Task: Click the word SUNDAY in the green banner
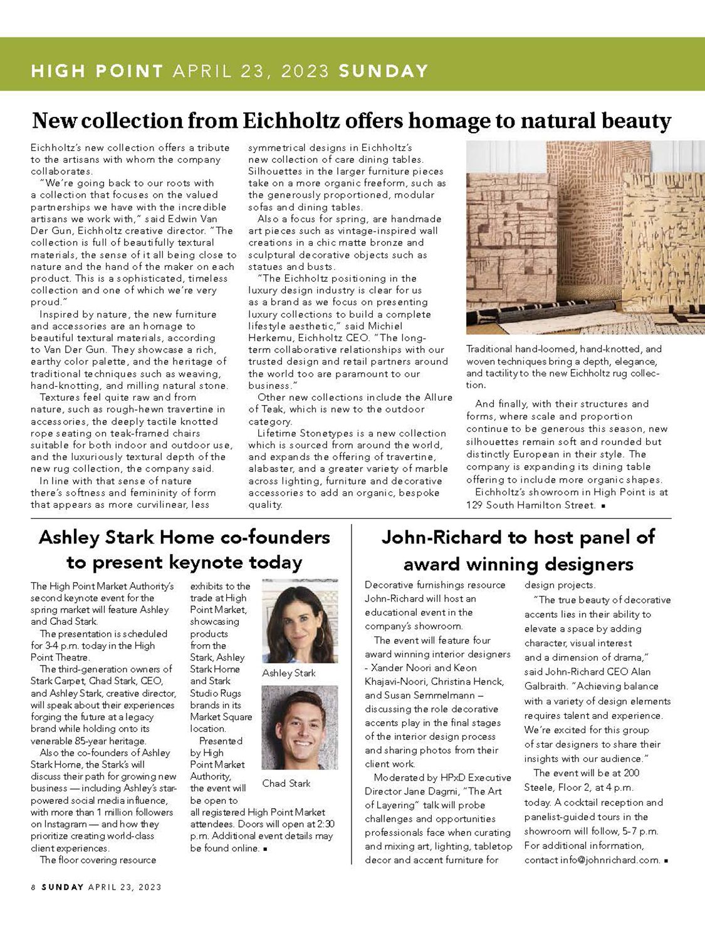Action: click(x=384, y=71)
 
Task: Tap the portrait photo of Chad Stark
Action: click(x=300, y=727)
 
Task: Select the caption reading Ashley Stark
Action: click(x=289, y=673)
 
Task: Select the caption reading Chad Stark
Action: click(x=286, y=783)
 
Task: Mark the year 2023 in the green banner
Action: click(x=305, y=71)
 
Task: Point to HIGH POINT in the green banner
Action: click(x=97, y=71)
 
